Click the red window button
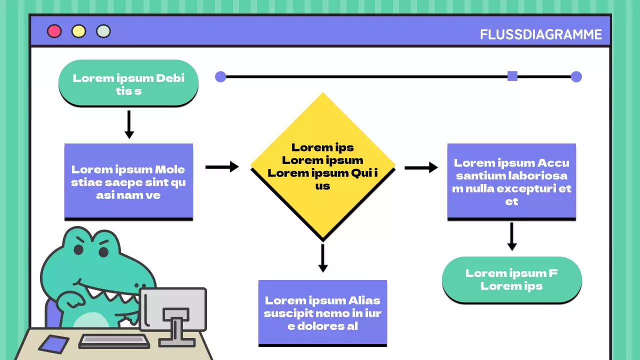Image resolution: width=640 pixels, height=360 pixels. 54,31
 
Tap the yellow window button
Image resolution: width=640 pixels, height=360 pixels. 78,31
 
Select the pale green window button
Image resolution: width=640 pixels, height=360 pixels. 103,31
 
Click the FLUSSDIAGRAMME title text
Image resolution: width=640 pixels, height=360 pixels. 541,34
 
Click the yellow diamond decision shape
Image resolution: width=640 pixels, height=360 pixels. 322,165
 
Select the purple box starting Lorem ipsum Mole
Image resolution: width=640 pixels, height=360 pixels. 128,181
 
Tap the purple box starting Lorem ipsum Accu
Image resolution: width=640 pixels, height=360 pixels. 511,181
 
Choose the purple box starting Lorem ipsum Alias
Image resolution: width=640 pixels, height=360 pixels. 322,312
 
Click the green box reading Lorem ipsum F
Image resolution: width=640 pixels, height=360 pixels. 511,279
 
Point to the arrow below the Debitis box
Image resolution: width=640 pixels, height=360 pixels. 129,124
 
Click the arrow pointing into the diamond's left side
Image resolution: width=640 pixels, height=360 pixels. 222,167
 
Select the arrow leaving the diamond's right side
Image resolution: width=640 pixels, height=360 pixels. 421,167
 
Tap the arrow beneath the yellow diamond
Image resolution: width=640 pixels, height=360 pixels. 323,258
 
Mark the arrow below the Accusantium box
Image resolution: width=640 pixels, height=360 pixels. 511,236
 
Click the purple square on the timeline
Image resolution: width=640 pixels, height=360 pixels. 512,76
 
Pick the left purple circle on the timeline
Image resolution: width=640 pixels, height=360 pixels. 220,76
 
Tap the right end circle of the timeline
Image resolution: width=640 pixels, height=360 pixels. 576,76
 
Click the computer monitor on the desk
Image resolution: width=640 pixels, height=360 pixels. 173,309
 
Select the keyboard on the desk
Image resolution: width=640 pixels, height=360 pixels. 114,341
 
